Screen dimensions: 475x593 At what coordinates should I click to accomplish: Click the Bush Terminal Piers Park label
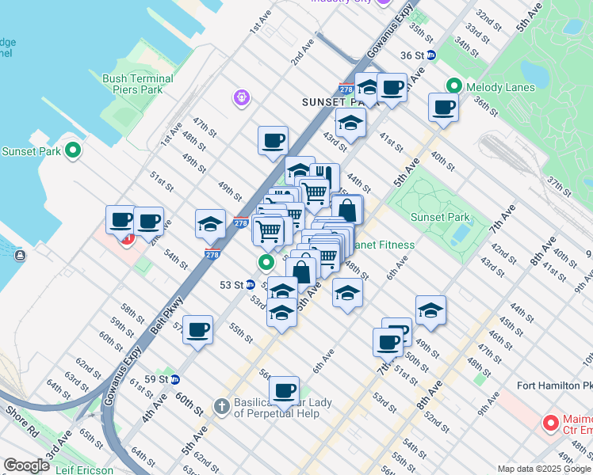click(x=138, y=85)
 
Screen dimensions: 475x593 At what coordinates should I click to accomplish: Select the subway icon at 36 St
click(x=431, y=55)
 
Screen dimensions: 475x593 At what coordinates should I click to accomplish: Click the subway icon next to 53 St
click(x=251, y=285)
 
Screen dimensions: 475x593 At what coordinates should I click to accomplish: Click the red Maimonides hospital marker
click(x=551, y=423)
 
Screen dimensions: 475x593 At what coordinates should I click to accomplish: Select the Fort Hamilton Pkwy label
click(x=553, y=386)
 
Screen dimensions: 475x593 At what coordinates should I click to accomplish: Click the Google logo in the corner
click(x=26, y=465)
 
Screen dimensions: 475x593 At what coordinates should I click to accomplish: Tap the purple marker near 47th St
click(x=242, y=98)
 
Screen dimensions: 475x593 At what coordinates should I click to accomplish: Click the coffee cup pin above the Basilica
click(x=284, y=390)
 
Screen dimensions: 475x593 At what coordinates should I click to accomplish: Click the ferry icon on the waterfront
click(x=19, y=255)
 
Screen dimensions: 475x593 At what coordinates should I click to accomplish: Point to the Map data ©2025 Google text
click(x=544, y=469)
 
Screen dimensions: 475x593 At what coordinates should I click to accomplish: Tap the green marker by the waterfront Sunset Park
click(x=73, y=150)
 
